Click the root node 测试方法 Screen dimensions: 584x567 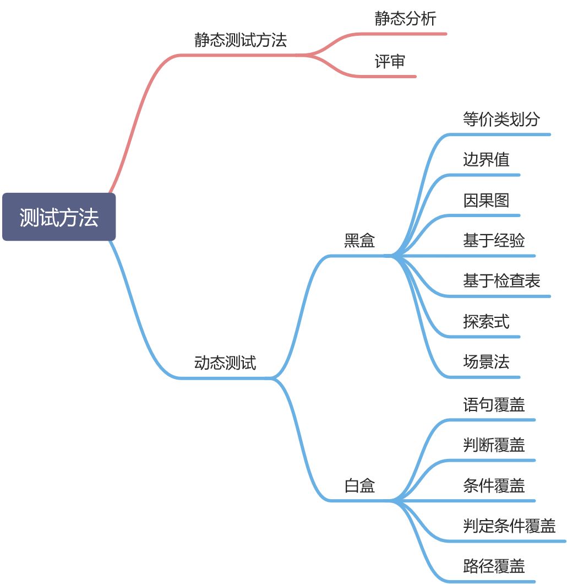(59, 217)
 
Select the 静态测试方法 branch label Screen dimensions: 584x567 (241, 40)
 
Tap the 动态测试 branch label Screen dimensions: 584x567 (225, 363)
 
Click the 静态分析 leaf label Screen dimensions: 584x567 (405, 19)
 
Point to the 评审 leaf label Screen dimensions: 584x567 (390, 62)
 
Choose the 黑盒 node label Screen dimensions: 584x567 (359, 241)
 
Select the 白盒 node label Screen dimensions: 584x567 (359, 486)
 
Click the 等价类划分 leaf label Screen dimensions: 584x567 (501, 120)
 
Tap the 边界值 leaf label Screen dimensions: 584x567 (486, 160)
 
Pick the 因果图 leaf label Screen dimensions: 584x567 (486, 200)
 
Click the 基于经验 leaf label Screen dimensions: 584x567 (494, 241)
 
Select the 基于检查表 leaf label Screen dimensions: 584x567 (501, 281)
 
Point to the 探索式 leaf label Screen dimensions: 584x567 (486, 321)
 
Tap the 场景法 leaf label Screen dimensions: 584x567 (486, 362)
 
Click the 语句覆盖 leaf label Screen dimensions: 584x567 (494, 405)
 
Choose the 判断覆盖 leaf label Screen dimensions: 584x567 (494, 445)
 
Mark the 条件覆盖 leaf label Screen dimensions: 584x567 (494, 486)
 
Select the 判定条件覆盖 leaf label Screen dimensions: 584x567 (509, 526)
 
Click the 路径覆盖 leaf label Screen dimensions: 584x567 (494, 566)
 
